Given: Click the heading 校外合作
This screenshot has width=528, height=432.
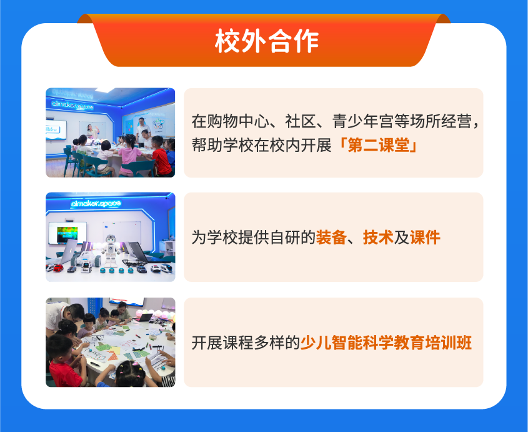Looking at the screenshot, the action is pos(267,41).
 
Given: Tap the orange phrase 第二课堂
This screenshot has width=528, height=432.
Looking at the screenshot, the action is pos(379,146).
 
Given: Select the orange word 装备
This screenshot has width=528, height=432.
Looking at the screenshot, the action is pos(331,237).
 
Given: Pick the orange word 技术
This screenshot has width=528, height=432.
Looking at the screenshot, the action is pos(378,237).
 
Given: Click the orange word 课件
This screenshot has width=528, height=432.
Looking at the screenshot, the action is pos(425,237).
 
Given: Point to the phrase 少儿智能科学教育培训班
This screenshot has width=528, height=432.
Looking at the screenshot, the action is pos(386,343).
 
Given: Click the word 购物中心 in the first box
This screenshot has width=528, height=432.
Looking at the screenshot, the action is pos(239,121).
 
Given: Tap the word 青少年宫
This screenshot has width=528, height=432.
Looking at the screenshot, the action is pos(363,121).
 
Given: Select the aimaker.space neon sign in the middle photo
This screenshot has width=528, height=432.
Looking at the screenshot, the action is pos(96,204).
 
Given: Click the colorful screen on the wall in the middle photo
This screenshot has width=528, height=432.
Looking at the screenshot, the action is pos(67,233).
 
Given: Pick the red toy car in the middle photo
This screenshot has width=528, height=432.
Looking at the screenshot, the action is pos(59,269).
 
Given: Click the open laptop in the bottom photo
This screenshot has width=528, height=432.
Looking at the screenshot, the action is pos(144,318).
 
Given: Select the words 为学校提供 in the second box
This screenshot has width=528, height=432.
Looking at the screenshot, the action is pos(231,237).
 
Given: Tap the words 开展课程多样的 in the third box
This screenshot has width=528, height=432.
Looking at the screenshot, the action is pos(246,343).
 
